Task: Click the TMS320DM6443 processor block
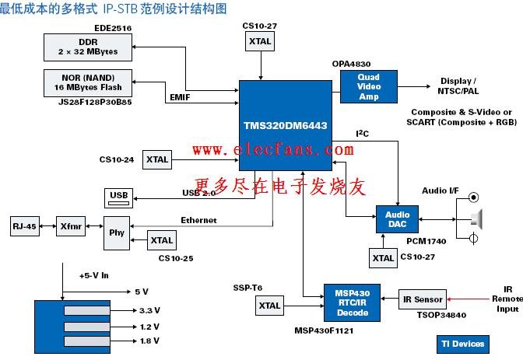pos(286,125)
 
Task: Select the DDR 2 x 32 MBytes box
pos(88,47)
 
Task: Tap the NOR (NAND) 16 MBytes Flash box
pos(88,83)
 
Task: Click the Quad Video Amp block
pos(369,86)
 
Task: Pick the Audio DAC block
pos(397,219)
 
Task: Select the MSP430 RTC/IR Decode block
pos(353,302)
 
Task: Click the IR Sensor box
pos(423,299)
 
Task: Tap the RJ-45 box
pos(25,226)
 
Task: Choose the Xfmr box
pos(71,226)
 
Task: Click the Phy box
pos(117,233)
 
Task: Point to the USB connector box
pos(119,198)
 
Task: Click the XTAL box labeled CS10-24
pos(157,159)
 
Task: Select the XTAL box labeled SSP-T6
pos(270,306)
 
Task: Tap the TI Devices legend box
pos(463,344)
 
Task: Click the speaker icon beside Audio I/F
pos(477,219)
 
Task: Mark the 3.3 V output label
pos(149,310)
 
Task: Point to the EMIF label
pos(180,97)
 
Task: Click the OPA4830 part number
pos(351,64)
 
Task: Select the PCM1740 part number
pos(426,241)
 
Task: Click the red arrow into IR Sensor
pos(469,299)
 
